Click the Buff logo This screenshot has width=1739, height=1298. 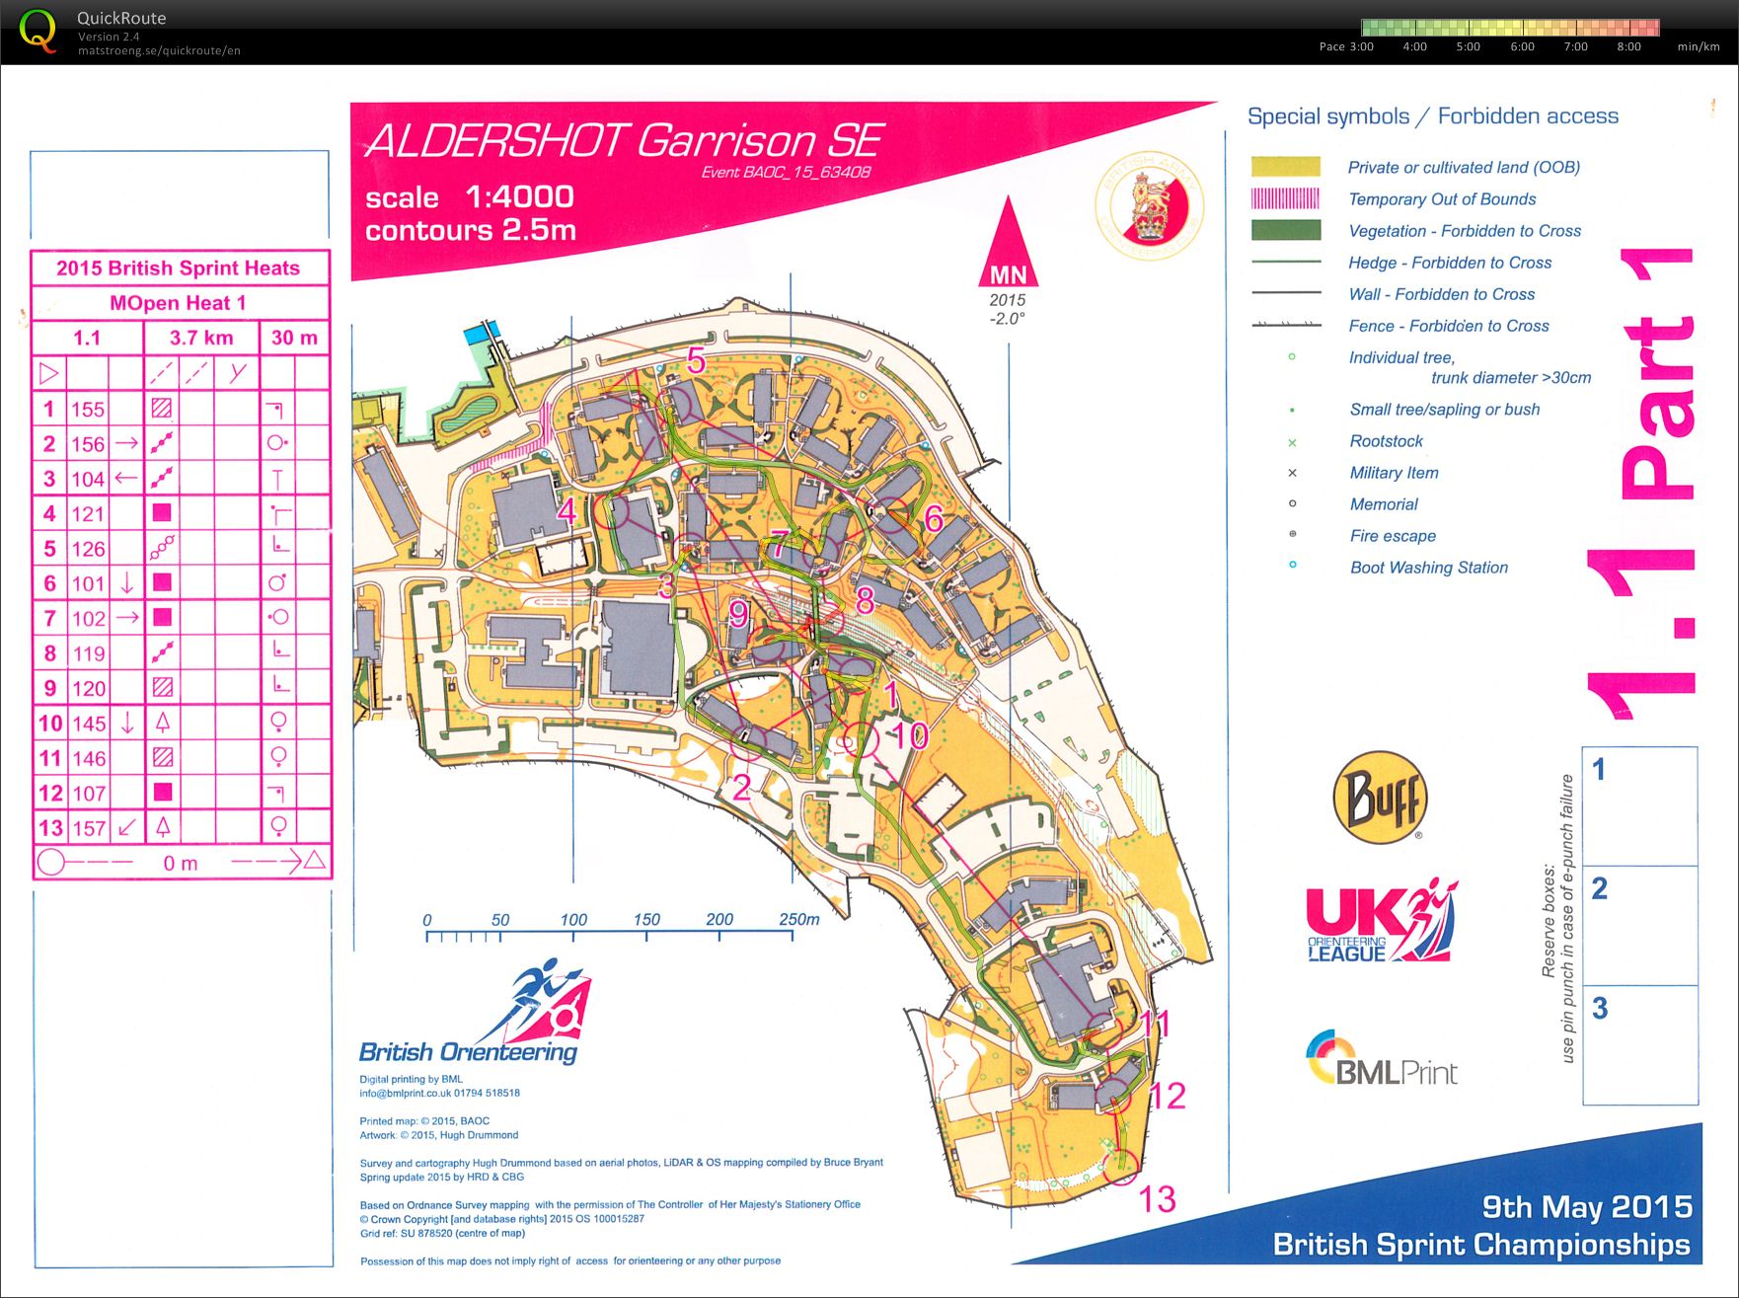tap(1381, 797)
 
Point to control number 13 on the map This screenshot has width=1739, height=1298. tap(1157, 1199)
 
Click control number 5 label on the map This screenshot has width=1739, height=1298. tap(696, 361)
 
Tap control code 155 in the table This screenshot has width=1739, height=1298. tap(88, 409)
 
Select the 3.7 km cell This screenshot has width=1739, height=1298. tap(201, 338)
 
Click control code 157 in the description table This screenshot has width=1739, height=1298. tap(88, 828)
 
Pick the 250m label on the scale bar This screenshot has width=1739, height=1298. tap(798, 919)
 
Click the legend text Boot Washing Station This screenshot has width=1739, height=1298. tap(1428, 568)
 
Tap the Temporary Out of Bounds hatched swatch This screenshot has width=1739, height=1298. tap(1285, 198)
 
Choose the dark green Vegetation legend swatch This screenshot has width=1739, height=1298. tap(1285, 230)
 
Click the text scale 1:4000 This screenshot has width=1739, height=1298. tap(469, 196)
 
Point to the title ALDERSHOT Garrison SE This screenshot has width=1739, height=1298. tap(624, 141)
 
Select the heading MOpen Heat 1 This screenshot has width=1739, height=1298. tap(179, 303)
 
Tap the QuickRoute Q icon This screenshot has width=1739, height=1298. tap(38, 32)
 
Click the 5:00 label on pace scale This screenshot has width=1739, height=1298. tap(1468, 46)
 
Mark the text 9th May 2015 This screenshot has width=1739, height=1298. tap(1587, 1206)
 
